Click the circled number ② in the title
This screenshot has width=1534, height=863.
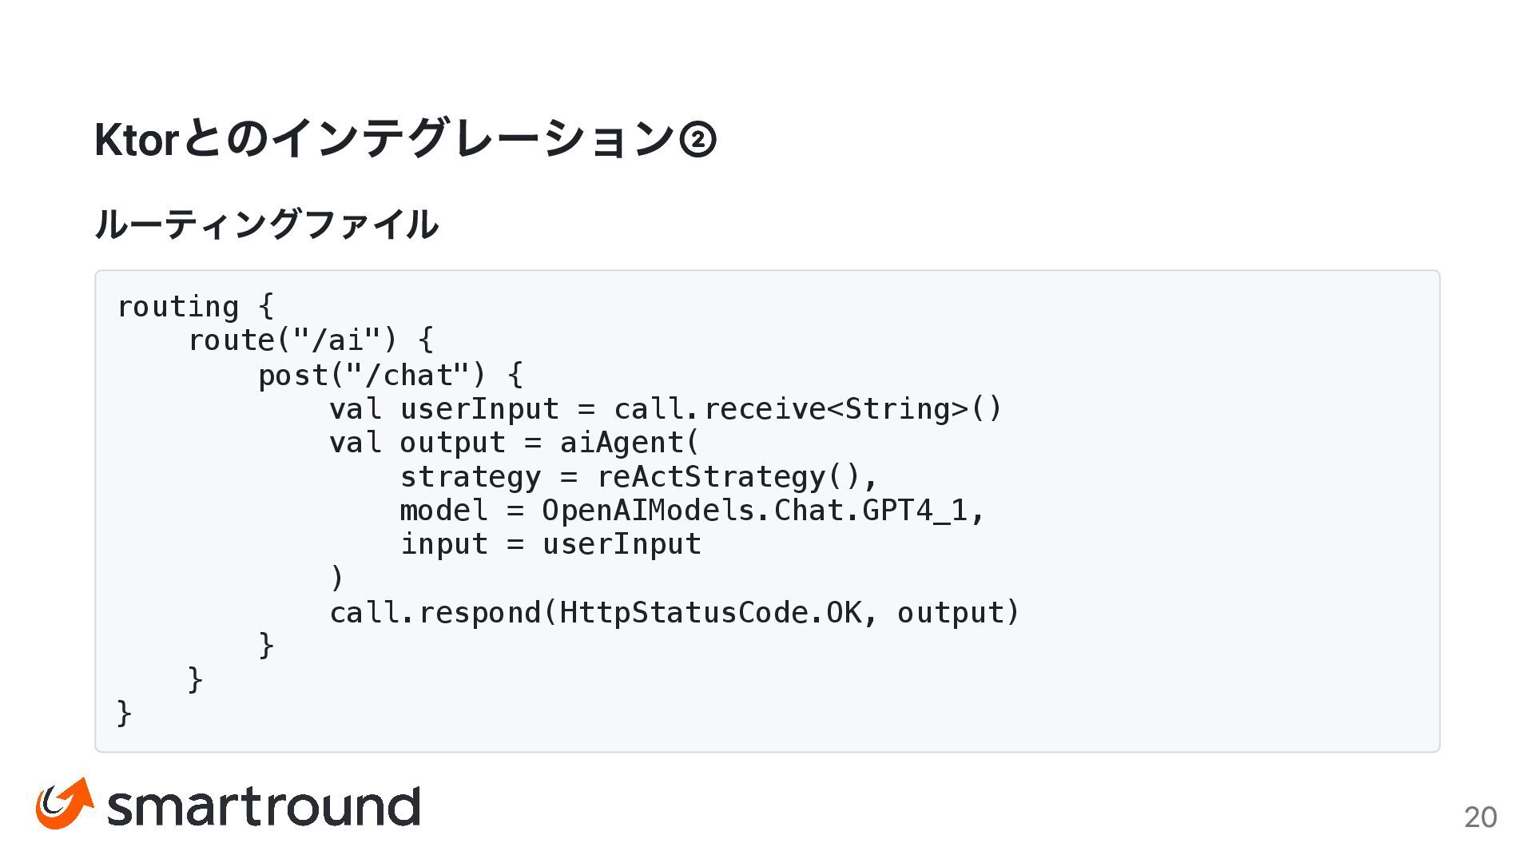pos(697,140)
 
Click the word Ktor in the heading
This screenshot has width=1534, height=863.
pos(134,140)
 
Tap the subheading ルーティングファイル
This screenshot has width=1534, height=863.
pos(266,225)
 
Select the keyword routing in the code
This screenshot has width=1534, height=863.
pos(177,307)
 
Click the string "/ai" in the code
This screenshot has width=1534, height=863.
pos(337,341)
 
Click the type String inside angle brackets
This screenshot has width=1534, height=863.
pos(897,409)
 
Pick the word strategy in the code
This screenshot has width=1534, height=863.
pos(470,477)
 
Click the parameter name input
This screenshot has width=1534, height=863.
pos(443,545)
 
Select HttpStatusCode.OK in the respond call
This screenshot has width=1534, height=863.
pos(710,613)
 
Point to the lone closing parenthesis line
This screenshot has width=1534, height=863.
pos(337,578)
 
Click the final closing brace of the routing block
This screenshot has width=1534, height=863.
pos(125,713)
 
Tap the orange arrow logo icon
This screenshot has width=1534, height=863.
pos(64,803)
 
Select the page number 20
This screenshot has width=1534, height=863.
pos(1480,817)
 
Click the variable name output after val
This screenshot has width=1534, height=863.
pos(452,443)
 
